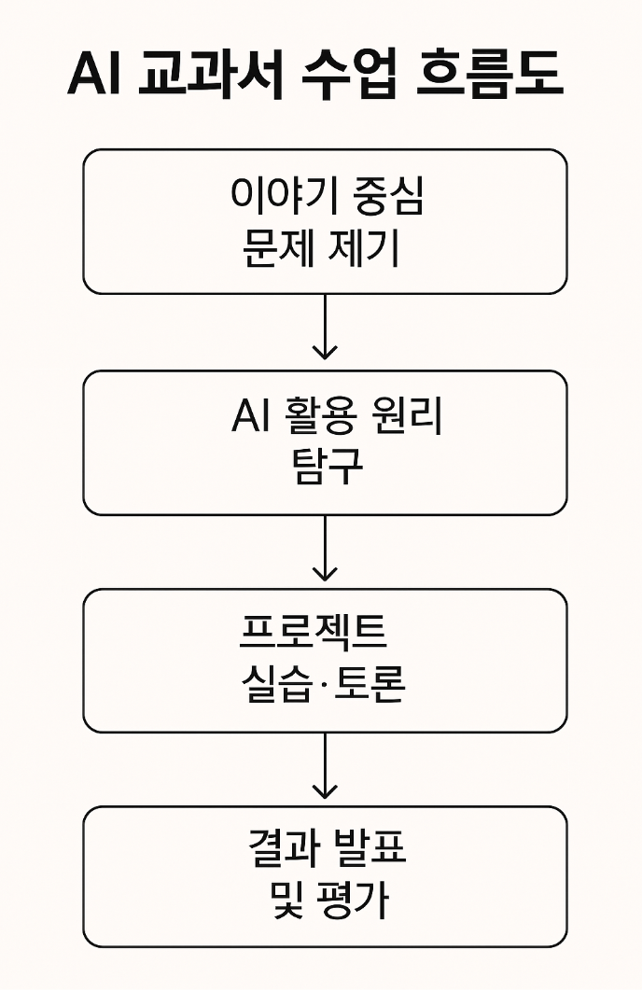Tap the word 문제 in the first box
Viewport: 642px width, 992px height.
click(x=273, y=249)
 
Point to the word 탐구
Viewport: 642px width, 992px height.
click(x=325, y=468)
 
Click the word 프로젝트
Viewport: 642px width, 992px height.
click(x=314, y=635)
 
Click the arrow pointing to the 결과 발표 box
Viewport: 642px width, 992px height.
click(x=325, y=767)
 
